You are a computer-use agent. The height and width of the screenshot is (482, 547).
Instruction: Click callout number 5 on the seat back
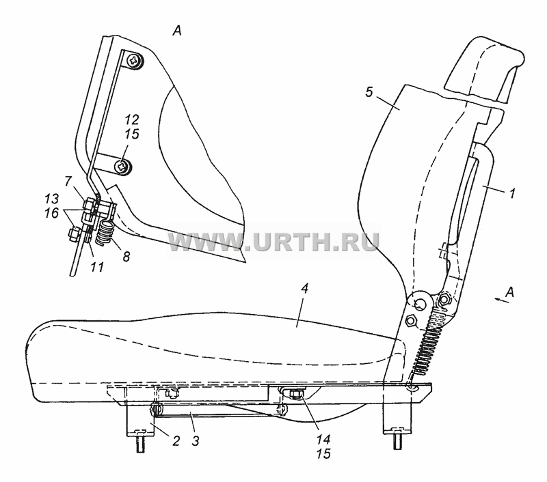pyautogui.click(x=369, y=93)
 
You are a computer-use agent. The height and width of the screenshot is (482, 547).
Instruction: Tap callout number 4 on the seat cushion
pyautogui.click(x=305, y=289)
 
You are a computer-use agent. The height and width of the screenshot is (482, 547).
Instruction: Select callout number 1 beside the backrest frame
pyautogui.click(x=511, y=193)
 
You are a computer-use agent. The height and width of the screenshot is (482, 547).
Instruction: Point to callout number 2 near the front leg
pyautogui.click(x=176, y=441)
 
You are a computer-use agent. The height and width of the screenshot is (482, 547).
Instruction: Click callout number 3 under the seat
pyautogui.click(x=196, y=441)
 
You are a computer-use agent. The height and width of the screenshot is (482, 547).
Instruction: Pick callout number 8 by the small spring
pyautogui.click(x=126, y=257)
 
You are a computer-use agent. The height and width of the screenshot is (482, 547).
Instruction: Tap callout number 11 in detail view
pyautogui.click(x=97, y=267)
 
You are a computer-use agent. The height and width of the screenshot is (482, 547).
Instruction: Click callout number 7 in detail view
pyautogui.click(x=68, y=182)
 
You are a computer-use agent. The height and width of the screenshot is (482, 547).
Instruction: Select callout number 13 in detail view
pyautogui.click(x=52, y=199)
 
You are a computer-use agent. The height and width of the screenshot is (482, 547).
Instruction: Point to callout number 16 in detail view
pyautogui.click(x=52, y=213)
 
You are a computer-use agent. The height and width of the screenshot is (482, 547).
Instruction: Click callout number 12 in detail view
pyautogui.click(x=131, y=119)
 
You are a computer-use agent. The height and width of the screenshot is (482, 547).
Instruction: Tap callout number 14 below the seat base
pyautogui.click(x=323, y=440)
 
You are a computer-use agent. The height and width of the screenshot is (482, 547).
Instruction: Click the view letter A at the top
pyautogui.click(x=177, y=31)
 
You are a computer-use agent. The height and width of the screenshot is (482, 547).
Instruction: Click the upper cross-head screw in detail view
pyautogui.click(x=134, y=61)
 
